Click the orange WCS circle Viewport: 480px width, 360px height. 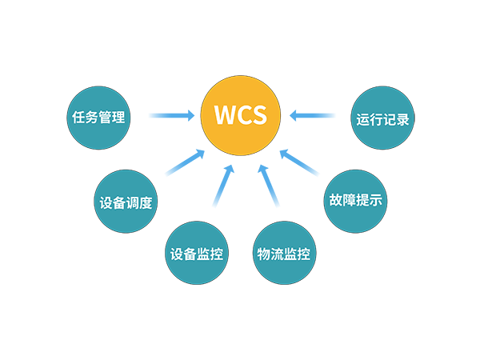click(240, 115)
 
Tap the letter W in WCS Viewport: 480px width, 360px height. click(225, 115)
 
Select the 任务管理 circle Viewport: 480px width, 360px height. click(96, 117)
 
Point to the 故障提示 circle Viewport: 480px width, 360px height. click(355, 200)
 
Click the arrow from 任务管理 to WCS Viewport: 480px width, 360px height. click(171, 116)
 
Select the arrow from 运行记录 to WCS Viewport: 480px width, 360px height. click(313, 116)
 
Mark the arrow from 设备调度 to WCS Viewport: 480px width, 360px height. click(181, 162)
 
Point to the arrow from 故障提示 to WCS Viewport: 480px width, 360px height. click(301, 162)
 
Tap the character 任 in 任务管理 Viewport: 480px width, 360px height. click(75, 117)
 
